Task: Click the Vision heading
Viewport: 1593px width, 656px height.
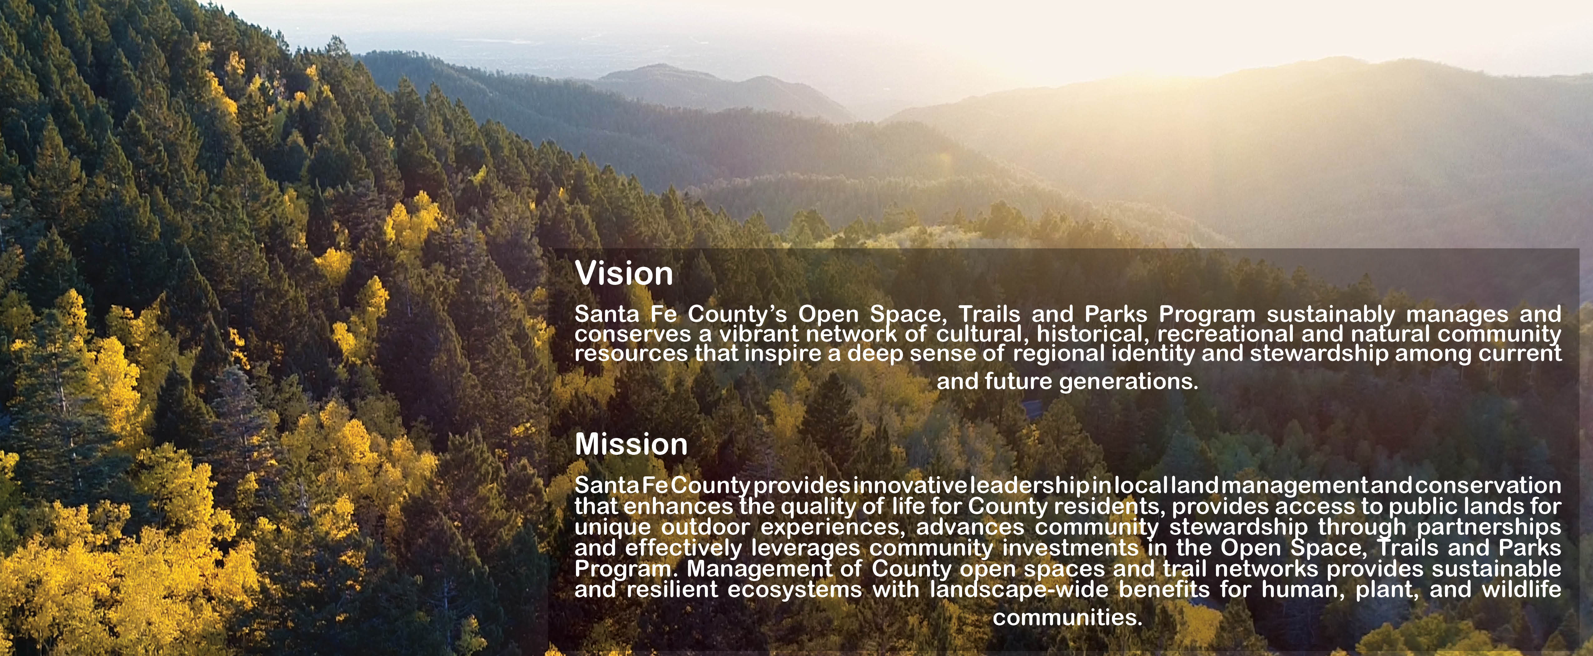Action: [624, 273]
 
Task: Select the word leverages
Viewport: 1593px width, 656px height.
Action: [806, 549]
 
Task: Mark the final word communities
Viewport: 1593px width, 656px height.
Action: [1067, 617]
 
